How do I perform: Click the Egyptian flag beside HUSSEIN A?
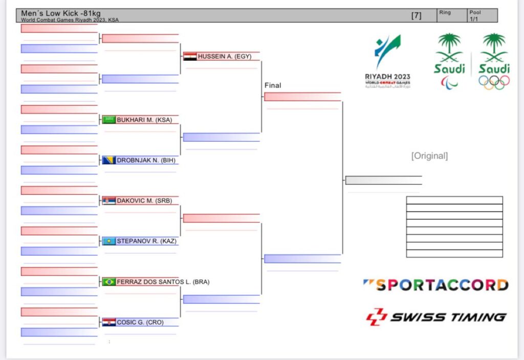(x=190, y=57)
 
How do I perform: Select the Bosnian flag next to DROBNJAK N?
(x=109, y=160)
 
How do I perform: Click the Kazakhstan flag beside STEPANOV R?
(x=109, y=241)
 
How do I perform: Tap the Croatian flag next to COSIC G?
(x=109, y=322)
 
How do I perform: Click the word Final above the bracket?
(x=273, y=85)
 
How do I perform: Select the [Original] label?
(x=429, y=156)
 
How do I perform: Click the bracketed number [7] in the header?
(x=417, y=15)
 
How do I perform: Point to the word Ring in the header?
(x=444, y=12)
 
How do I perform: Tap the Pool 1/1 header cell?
(x=475, y=15)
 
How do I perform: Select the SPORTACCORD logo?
(x=436, y=285)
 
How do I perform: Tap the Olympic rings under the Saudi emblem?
(x=494, y=81)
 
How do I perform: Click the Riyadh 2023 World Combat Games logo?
(x=387, y=61)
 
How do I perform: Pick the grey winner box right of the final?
(x=383, y=180)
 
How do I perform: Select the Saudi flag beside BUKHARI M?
(x=109, y=120)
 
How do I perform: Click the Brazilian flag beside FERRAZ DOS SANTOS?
(x=109, y=282)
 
